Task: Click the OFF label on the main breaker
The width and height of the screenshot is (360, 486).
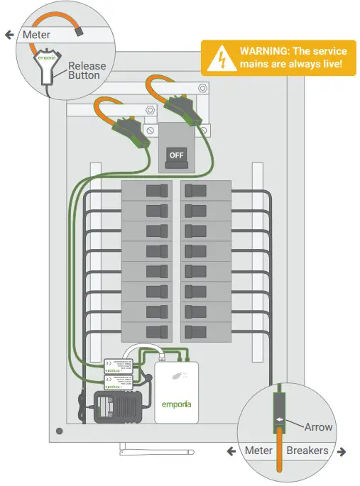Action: point(175,153)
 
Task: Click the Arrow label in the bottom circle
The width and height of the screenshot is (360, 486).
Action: point(318,427)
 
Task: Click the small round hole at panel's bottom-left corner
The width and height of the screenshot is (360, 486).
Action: point(60,431)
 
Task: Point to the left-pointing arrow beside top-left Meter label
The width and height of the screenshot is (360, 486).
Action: point(9,34)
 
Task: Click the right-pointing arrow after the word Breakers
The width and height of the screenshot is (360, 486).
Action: point(341,451)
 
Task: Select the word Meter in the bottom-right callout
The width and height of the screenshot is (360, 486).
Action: point(258,451)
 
